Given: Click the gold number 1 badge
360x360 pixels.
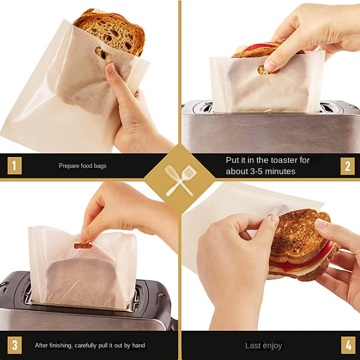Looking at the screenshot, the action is click(14, 166).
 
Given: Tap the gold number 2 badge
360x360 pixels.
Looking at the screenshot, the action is click(347, 166).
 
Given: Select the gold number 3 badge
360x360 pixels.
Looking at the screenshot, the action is click(14, 345).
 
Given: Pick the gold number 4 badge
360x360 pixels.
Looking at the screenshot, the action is click(348, 345).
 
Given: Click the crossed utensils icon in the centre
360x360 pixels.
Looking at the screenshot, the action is click(180, 180).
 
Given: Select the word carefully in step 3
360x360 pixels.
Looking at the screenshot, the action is click(85, 346).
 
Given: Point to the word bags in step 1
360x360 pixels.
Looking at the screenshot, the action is click(100, 166).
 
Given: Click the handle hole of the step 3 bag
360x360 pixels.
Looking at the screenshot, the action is click(83, 246).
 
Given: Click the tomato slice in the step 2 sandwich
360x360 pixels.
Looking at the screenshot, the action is click(260, 47).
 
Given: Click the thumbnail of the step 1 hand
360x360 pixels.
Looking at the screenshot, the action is click(111, 68).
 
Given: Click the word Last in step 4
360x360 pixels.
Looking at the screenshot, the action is click(253, 346).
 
